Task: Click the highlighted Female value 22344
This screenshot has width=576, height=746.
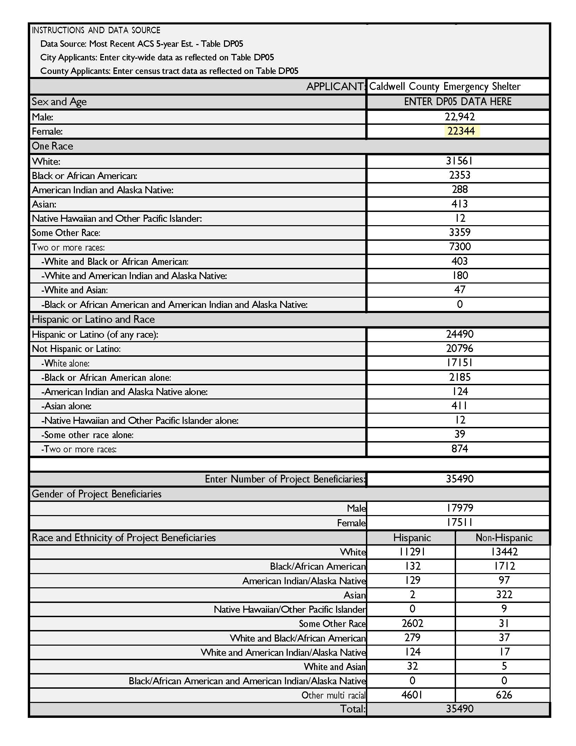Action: tap(461, 131)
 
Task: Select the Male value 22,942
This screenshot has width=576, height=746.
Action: tap(459, 117)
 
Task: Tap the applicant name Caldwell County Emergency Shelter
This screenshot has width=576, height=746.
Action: tap(445, 86)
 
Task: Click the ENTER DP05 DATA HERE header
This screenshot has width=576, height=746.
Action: tap(458, 102)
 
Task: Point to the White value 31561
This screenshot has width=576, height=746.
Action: tap(459, 161)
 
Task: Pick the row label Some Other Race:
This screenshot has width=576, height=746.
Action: tap(66, 233)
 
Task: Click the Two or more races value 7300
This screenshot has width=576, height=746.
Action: tap(459, 247)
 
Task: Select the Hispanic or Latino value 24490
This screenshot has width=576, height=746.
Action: tap(459, 334)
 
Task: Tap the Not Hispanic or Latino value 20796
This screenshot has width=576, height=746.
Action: tap(459, 348)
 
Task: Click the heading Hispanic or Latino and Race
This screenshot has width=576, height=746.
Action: tap(93, 319)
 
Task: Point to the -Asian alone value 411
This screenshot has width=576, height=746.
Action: tap(459, 406)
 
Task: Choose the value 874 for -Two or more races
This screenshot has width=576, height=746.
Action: tap(459, 449)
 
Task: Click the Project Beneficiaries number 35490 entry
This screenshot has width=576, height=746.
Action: tap(459, 479)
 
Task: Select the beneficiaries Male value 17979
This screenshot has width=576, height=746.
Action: tap(459, 508)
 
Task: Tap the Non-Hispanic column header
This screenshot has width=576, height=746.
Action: tap(503, 538)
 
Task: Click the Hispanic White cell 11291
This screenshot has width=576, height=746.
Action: tap(412, 552)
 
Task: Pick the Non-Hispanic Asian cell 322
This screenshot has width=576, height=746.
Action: tap(503, 595)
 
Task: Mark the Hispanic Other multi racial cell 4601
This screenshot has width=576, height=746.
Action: tap(412, 695)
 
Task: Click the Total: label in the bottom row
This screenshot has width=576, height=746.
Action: tap(352, 709)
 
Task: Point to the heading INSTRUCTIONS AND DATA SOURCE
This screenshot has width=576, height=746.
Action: tap(96, 31)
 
